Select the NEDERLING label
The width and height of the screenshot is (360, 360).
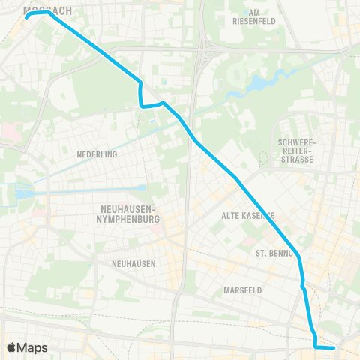point(97,154)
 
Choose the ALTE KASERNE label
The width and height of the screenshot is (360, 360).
point(247,215)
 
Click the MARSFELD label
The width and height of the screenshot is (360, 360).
point(242,289)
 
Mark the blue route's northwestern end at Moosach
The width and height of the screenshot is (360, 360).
point(27,14)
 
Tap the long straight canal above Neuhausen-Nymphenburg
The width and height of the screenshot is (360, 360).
point(90,190)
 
